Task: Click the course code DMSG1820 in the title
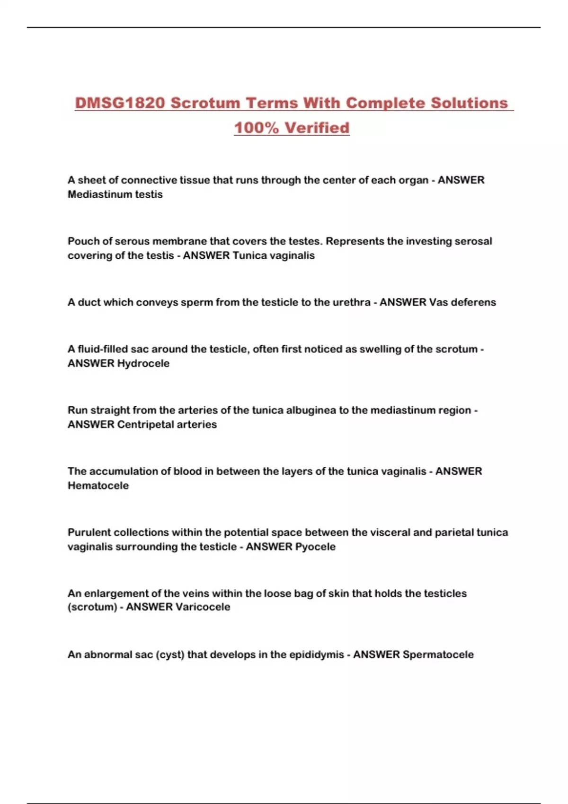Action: (120, 103)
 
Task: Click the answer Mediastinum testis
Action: (115, 194)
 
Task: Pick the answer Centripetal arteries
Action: (167, 424)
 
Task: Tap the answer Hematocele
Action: (98, 485)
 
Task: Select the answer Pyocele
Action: (315, 546)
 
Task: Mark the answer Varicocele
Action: (203, 607)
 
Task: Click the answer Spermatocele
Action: (438, 655)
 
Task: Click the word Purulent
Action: (89, 533)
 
